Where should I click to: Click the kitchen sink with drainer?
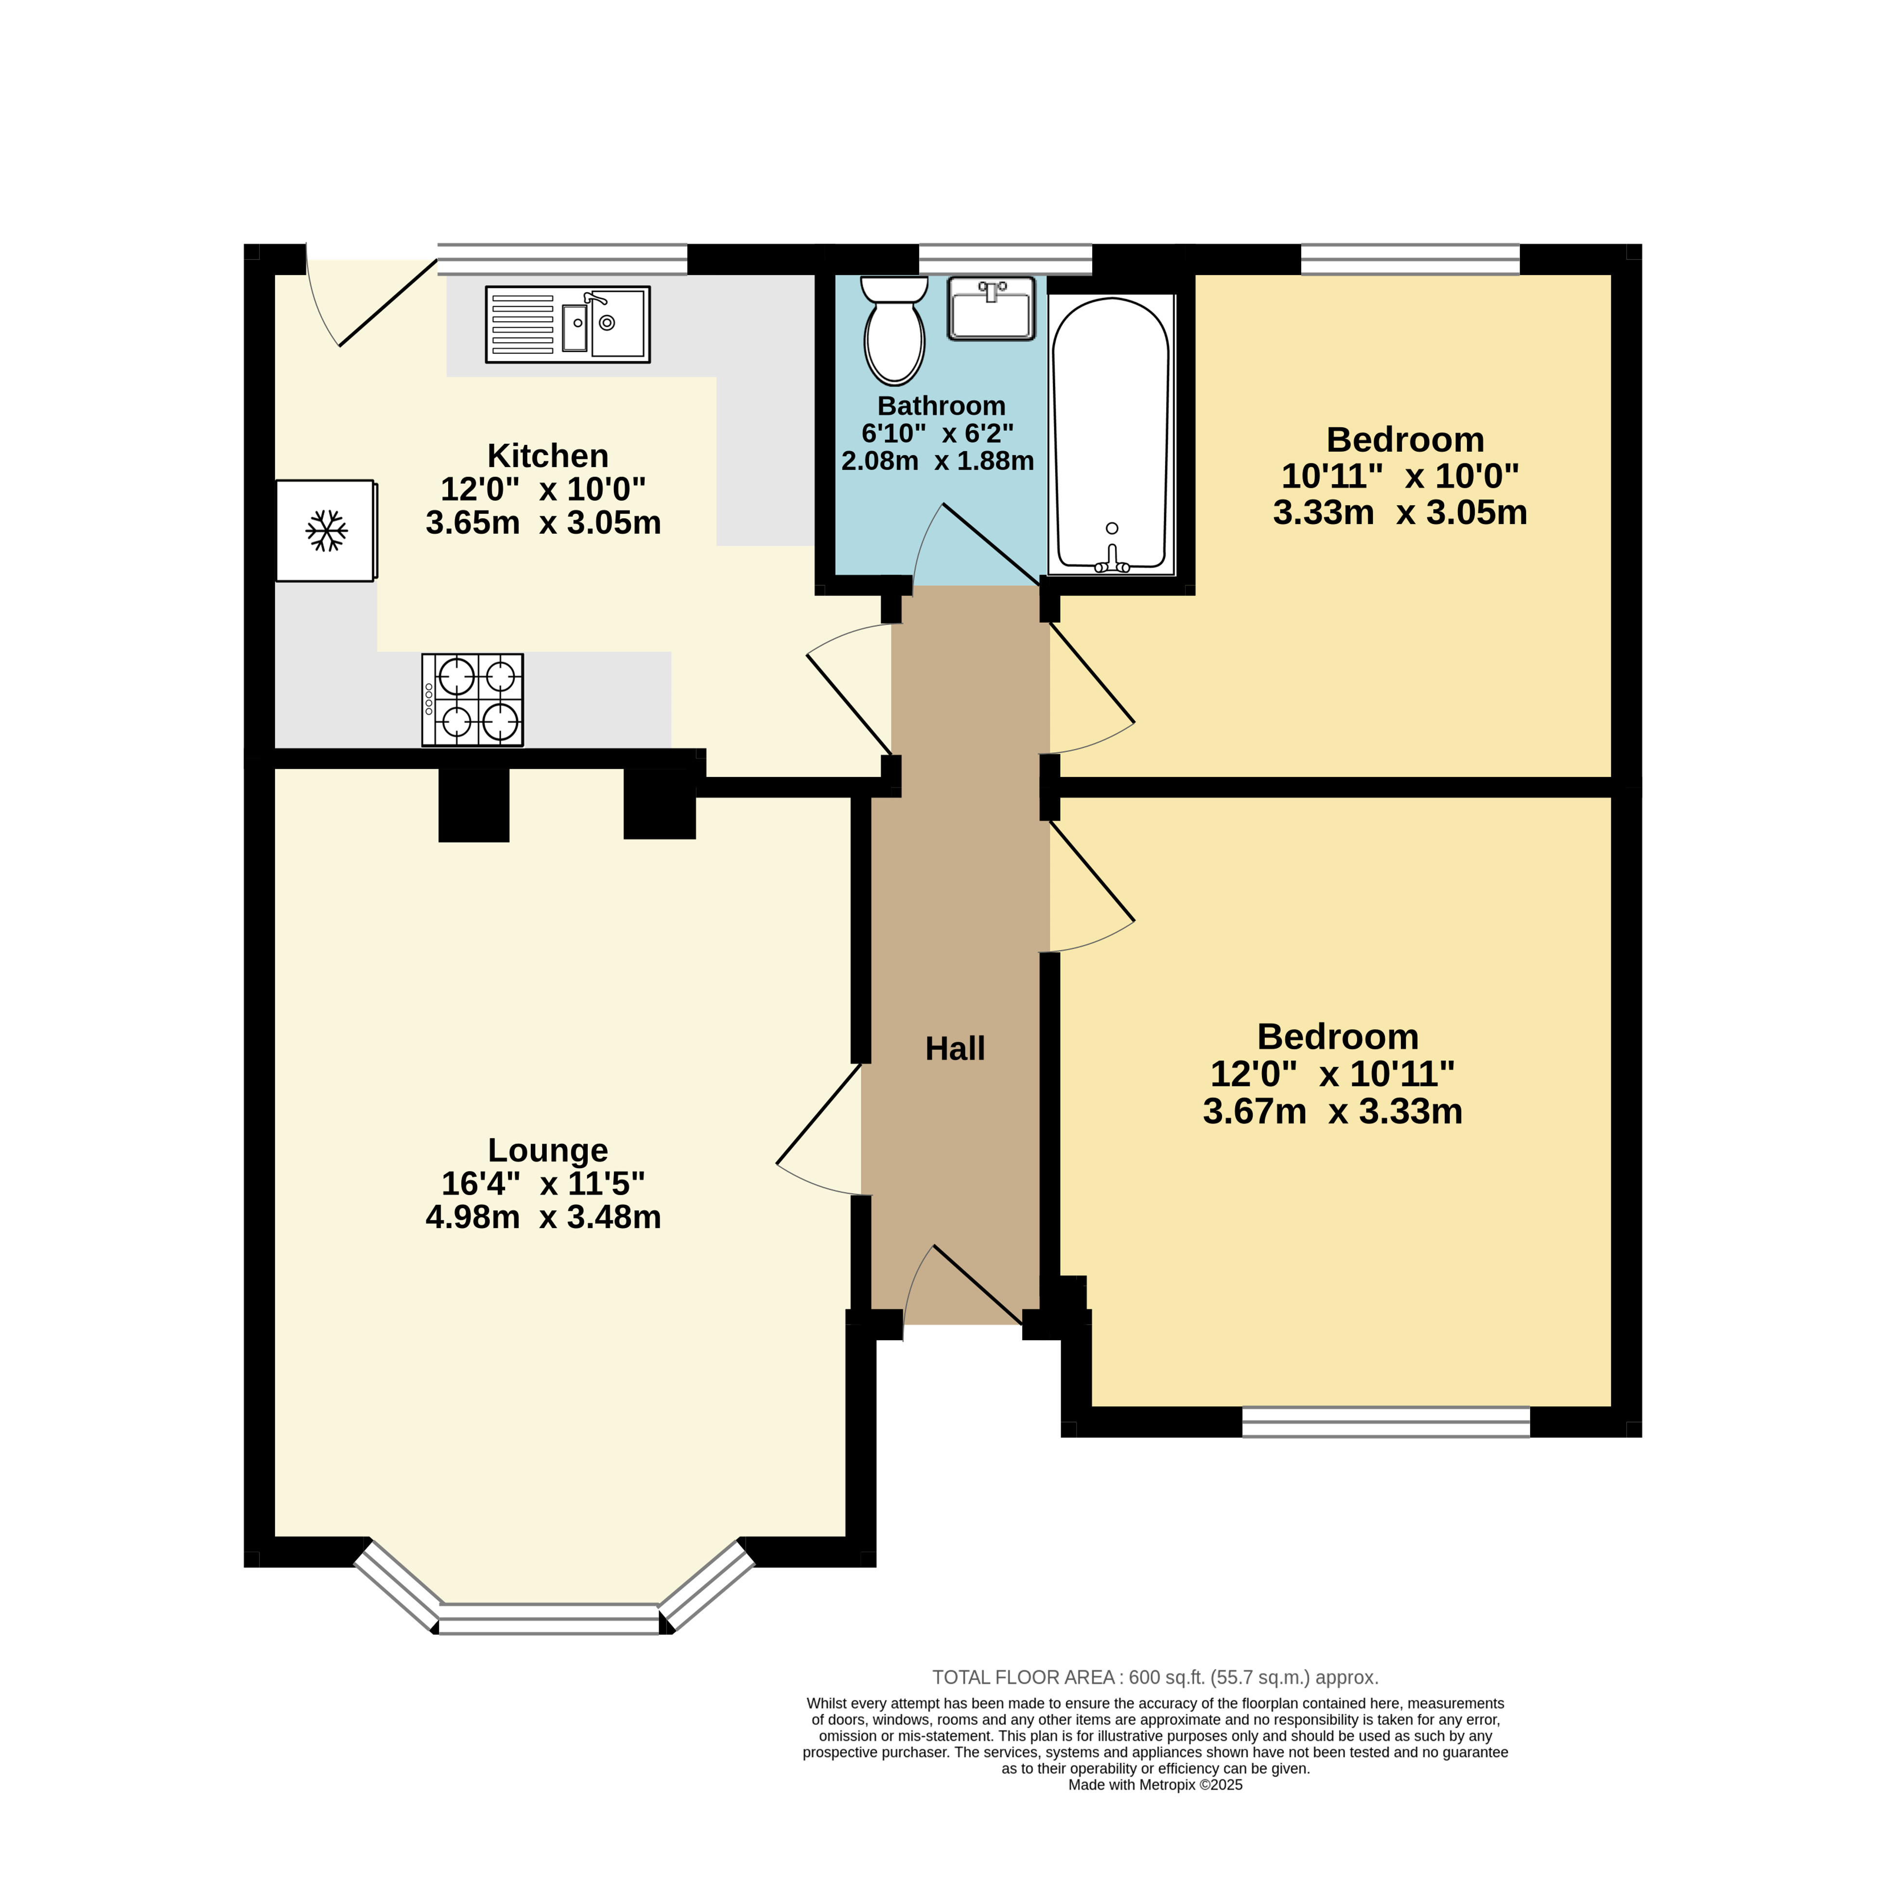567,324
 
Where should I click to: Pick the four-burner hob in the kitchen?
472,700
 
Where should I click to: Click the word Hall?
955,1048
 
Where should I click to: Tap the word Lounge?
548,1150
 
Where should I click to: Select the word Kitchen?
548,456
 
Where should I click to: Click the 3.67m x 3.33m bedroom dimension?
1332,1111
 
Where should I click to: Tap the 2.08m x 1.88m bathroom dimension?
937,461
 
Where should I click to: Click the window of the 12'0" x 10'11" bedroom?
1386,1421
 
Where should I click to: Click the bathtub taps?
1112,561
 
